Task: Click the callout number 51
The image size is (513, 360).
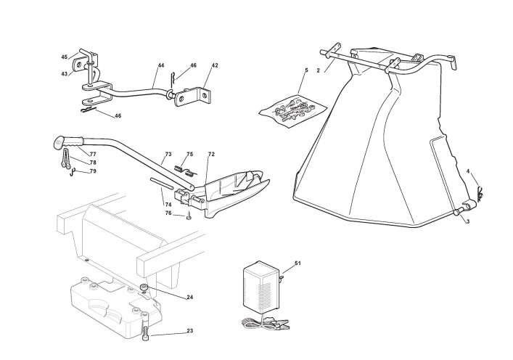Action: tap(297, 262)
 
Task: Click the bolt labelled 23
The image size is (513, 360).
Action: tap(148, 329)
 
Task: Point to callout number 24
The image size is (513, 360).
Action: tap(189, 297)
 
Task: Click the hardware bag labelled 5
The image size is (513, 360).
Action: tap(290, 108)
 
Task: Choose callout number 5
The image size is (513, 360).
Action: tap(306, 70)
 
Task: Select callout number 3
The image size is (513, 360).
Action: tap(467, 221)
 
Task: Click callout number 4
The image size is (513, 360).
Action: tap(467, 171)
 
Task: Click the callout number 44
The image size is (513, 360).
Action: tap(160, 66)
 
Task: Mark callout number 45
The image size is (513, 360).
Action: tap(64, 57)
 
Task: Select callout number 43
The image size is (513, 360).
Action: tap(64, 73)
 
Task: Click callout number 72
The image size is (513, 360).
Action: tap(211, 155)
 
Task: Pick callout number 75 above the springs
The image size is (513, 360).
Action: tap(189, 155)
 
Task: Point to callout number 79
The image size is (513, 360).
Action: tap(92, 171)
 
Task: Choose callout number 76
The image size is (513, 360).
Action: tap(168, 213)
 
